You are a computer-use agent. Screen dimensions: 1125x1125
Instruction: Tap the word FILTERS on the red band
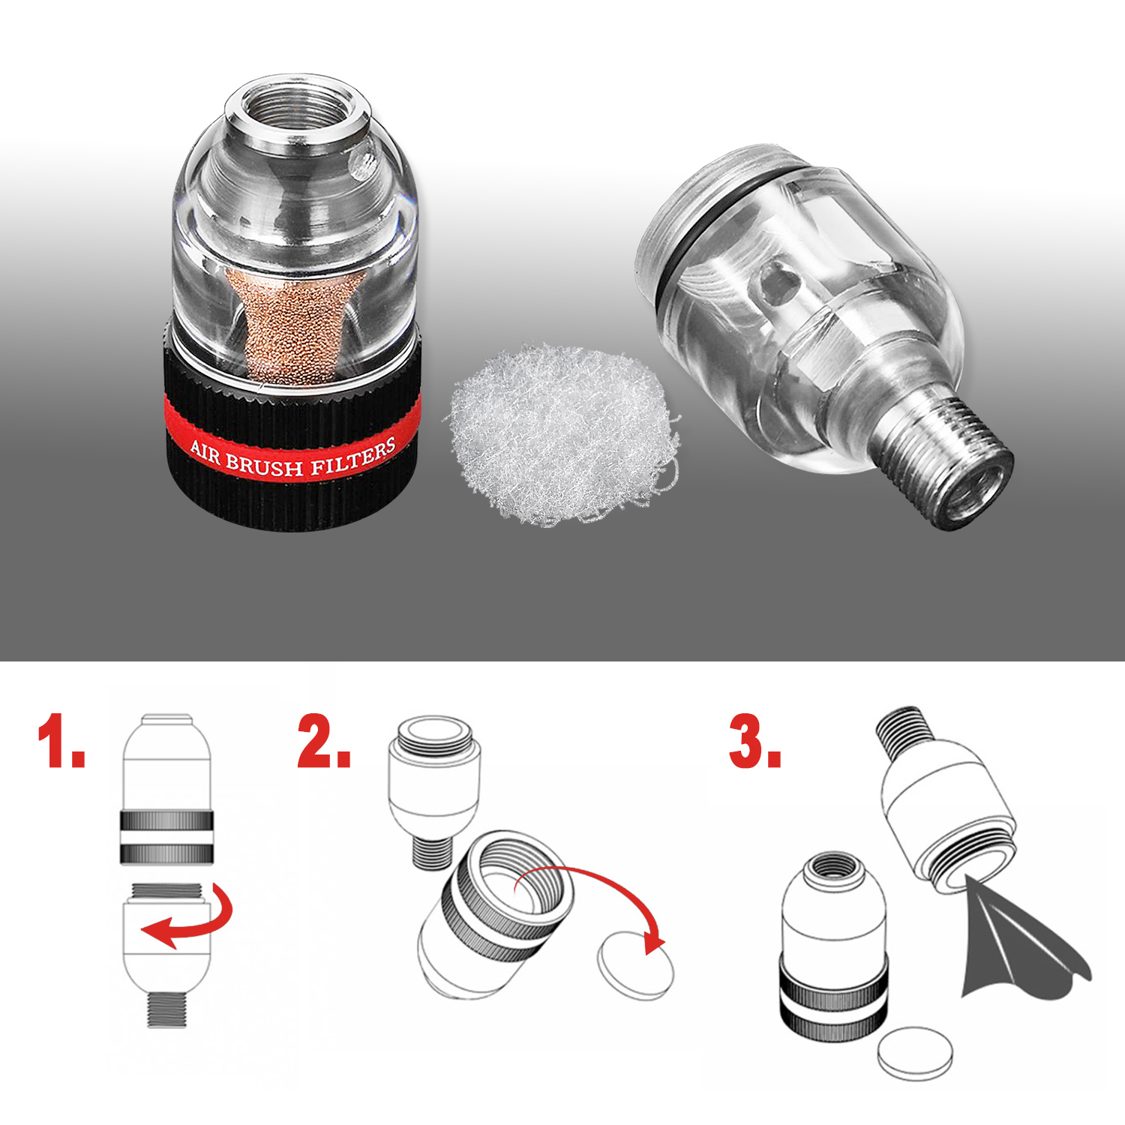[x=352, y=458]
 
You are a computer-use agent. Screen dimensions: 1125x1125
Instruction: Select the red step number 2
[x=324, y=740]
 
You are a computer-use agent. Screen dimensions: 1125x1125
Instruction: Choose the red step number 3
[x=754, y=740]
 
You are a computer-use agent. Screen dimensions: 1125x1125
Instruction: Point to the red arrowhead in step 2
[x=654, y=940]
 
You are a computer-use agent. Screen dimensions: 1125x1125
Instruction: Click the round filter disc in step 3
[x=916, y=1054]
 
